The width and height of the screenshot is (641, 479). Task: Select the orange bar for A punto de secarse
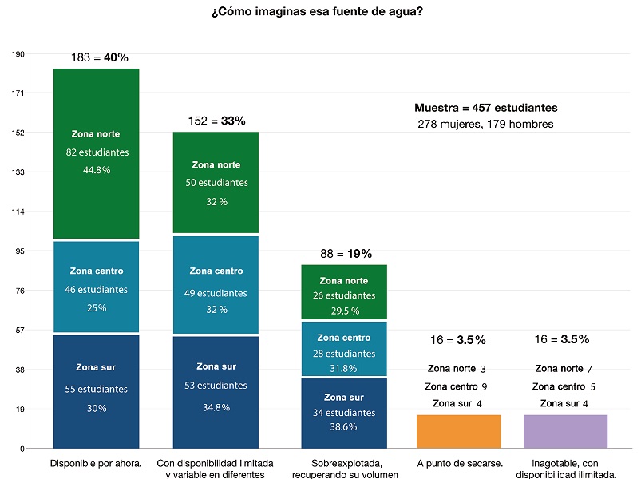pos(458,431)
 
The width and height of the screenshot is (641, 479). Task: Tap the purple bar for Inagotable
pos(565,431)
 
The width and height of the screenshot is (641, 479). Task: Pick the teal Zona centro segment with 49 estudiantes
pos(216,284)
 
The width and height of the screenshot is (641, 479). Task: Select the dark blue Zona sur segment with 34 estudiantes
pos(344,413)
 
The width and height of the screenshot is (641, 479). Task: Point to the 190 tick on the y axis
pos(18,54)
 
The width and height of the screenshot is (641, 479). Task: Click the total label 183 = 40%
pos(99,57)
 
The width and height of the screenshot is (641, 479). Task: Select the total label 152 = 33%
pos(216,121)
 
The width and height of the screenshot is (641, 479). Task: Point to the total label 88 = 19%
pos(344,254)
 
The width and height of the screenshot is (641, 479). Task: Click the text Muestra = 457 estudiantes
pos(485,108)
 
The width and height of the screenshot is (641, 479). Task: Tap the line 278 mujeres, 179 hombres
pos(485,124)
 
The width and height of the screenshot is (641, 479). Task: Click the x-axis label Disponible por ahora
pos(96,463)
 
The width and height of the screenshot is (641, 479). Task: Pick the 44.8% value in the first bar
pos(96,170)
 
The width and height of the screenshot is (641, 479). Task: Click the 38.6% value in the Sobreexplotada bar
pos(344,427)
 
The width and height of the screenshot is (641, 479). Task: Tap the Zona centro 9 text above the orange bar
pos(457,386)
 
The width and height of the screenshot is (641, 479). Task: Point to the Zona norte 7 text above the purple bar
pos(564,369)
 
